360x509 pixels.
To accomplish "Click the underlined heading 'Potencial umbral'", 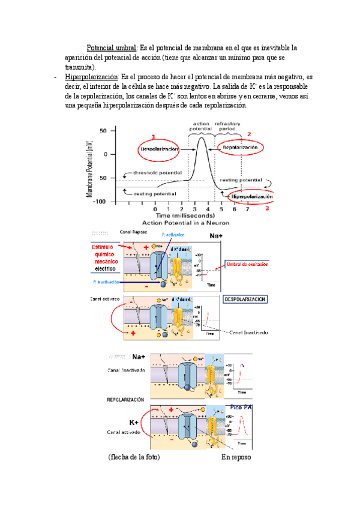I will click(112, 47).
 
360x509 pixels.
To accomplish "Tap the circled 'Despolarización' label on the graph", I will click(159, 148).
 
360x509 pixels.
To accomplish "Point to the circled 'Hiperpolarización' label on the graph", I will click(251, 196).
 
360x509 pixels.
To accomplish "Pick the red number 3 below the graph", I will click(268, 209).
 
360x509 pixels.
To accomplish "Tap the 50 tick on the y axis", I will click(104, 130).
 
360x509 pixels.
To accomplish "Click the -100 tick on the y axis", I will click(100, 202).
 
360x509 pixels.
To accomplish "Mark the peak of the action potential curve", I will click(202, 139).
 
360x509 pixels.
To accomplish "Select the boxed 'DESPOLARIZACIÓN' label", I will click(245, 298).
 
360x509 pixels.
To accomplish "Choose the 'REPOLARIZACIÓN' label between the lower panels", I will click(125, 399).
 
